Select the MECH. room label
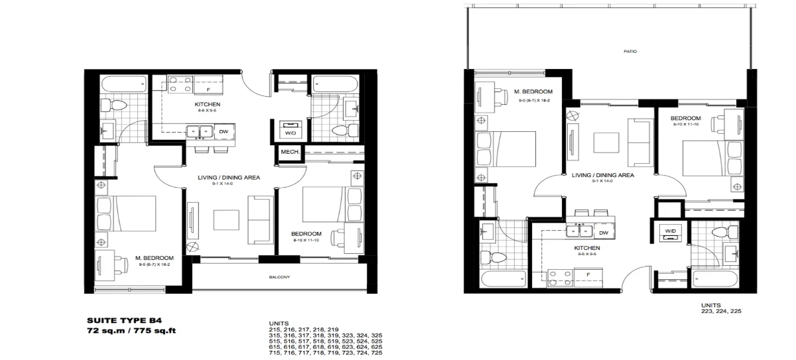click(x=291, y=152)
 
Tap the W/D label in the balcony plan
click(x=291, y=134)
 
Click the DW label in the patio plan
click(x=604, y=233)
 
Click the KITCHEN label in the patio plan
click(x=587, y=247)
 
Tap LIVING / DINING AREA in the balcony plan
click(x=228, y=178)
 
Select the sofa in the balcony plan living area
click(x=258, y=219)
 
